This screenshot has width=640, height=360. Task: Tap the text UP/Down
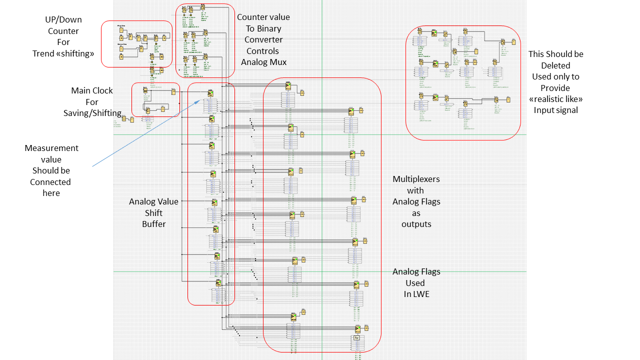[x=63, y=19]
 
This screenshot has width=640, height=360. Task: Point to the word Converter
[x=263, y=39]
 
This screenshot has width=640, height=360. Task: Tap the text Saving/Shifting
[x=92, y=113]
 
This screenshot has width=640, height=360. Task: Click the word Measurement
[x=51, y=148]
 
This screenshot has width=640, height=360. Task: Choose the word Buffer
[x=154, y=224]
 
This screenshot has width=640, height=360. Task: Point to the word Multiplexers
[x=416, y=179]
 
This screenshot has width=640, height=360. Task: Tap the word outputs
[x=416, y=224]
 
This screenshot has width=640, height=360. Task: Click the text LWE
[x=416, y=294]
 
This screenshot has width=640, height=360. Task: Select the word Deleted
[x=555, y=65]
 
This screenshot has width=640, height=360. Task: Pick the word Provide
[x=555, y=88]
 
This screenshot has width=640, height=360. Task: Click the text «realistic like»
[x=555, y=99]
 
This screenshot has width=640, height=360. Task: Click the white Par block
[x=356, y=338]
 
